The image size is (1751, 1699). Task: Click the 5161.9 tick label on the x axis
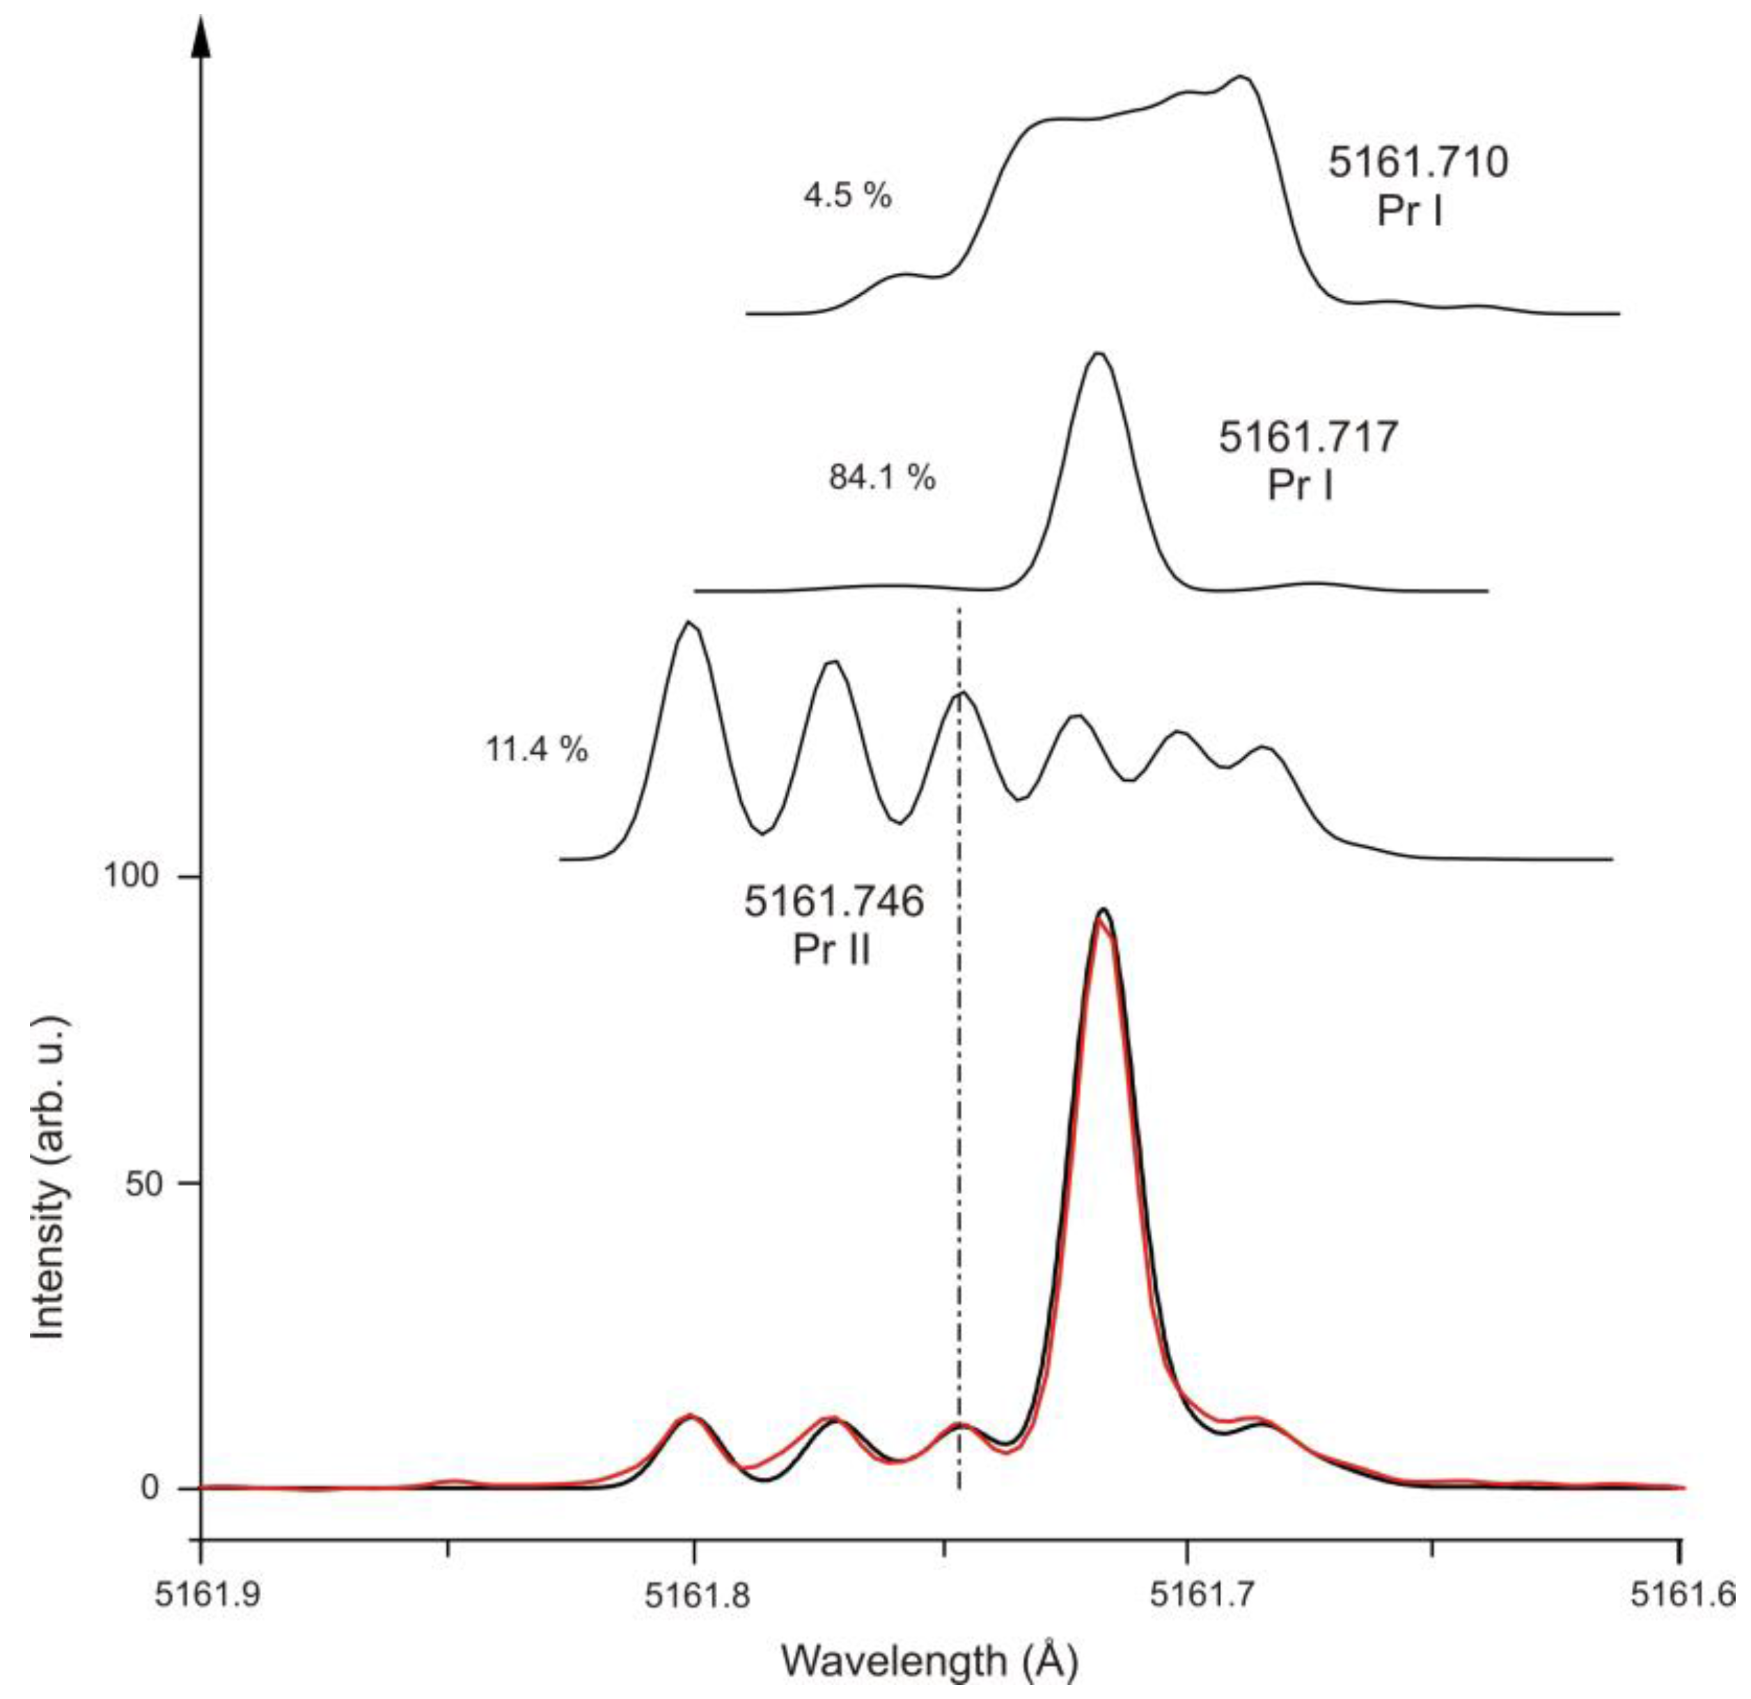(x=198, y=1596)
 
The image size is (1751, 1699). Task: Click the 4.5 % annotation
(x=847, y=196)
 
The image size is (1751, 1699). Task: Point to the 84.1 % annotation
(x=881, y=478)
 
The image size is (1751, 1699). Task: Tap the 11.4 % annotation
(x=536, y=748)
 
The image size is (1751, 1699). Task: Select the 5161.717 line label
(x=1308, y=438)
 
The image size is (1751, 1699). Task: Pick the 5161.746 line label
(x=833, y=902)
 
